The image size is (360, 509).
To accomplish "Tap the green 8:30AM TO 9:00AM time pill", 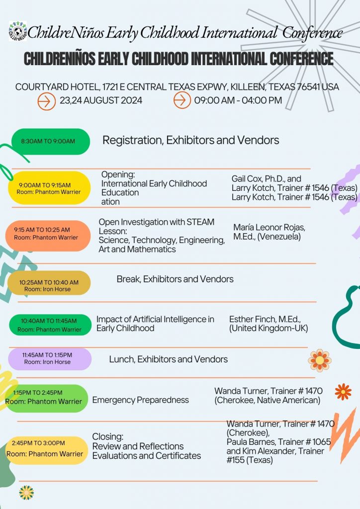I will (50, 141).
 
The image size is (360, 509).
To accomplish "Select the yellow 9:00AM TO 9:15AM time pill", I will (49, 188).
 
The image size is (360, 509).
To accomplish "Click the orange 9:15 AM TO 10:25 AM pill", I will (48, 234).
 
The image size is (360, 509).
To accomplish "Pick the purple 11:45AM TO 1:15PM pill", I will (50, 358).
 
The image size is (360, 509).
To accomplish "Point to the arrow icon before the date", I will (47, 100).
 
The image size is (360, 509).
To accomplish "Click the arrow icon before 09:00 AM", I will (182, 100).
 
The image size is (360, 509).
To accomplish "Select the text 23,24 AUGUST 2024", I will (101, 100).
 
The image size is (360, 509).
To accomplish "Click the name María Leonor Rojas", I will (269, 228).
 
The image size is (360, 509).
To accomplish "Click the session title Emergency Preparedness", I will (141, 400).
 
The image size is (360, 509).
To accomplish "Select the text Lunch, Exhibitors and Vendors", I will (168, 359).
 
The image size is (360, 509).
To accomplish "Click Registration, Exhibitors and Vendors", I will (190, 141).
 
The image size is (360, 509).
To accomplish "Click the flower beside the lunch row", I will (319, 360).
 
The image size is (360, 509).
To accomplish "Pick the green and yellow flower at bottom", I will (26, 492).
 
